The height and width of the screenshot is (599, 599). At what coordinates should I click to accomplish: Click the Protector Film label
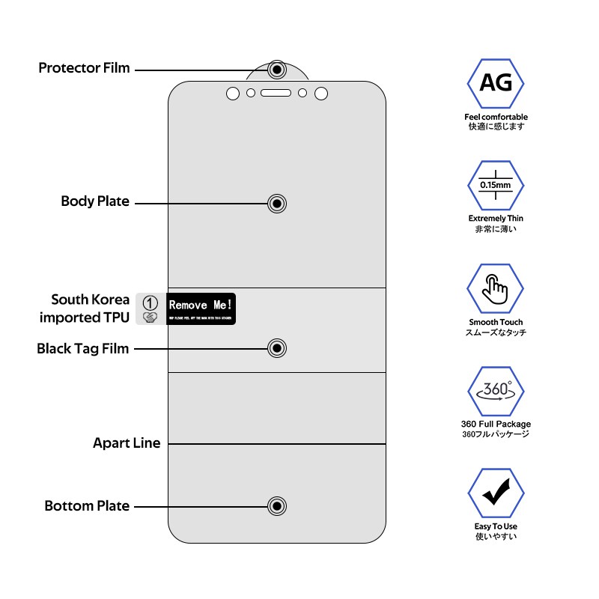[84, 68]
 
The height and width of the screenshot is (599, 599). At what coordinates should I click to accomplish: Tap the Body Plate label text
[95, 201]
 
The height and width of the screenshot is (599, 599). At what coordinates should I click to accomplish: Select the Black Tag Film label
[83, 348]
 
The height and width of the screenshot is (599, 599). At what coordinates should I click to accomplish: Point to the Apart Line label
[127, 443]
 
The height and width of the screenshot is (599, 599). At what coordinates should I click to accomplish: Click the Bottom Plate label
[87, 506]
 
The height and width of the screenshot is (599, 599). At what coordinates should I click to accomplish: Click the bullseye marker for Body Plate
[277, 203]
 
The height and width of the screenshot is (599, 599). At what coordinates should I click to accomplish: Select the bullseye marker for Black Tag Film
[277, 348]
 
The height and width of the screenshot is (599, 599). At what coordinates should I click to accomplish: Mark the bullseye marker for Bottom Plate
[277, 506]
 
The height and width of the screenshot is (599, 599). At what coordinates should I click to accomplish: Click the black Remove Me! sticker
[201, 308]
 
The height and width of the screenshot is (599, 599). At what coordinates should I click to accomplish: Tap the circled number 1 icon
[150, 302]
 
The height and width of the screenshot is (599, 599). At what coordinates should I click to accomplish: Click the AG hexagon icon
[496, 82]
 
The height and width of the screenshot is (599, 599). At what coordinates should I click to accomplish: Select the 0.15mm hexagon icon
[496, 186]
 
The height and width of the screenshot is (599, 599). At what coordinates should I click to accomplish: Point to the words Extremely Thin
[496, 219]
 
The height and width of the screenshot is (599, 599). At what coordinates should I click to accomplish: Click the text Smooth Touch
[496, 322]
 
